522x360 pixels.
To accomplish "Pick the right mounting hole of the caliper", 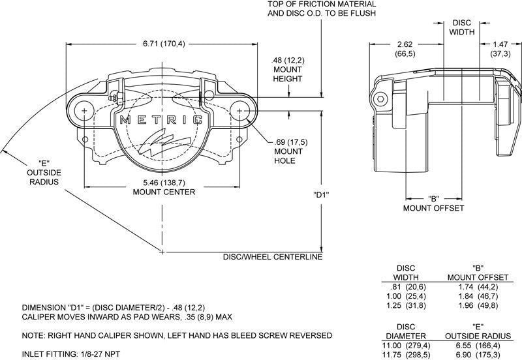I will point(241,111).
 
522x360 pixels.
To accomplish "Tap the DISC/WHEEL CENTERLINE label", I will point(273,257).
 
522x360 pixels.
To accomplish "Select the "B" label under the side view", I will point(433,198).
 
